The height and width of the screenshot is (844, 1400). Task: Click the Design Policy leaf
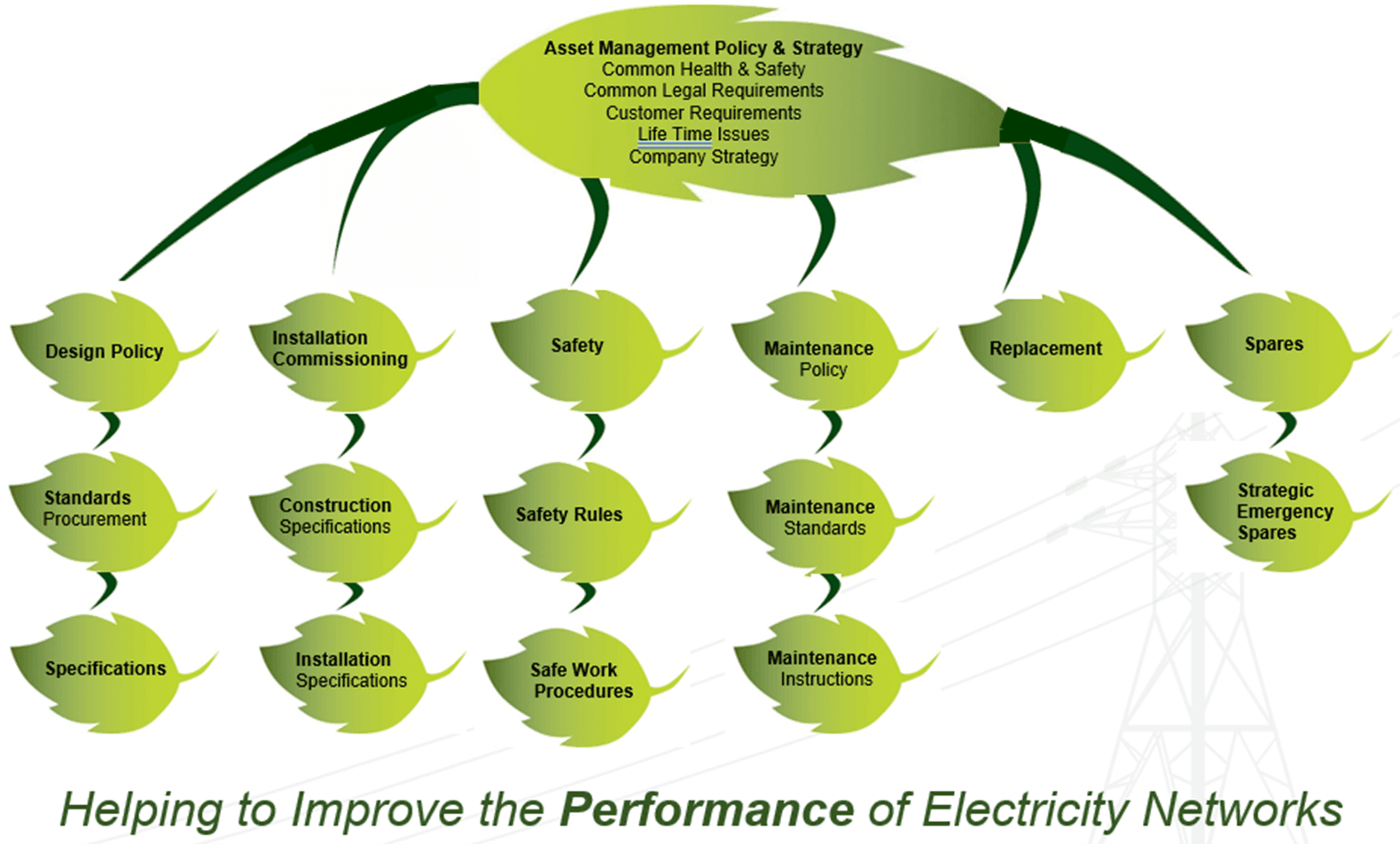tap(105, 352)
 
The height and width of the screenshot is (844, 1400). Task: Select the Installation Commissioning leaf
tap(340, 349)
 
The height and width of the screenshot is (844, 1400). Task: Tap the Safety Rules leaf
tap(569, 515)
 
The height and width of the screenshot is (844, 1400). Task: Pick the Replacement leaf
tap(1045, 349)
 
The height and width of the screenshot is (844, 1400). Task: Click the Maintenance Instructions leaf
tap(822, 669)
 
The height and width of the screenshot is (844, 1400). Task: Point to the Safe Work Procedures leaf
tap(581, 681)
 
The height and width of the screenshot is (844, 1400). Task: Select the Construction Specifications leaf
tap(335, 516)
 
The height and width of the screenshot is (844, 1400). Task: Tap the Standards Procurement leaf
tap(94, 509)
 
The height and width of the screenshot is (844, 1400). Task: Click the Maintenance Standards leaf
tap(820, 518)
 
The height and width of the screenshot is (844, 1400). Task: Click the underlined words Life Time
tap(675, 135)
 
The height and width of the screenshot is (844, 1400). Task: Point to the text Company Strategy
tap(703, 157)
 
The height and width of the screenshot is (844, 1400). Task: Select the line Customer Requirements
tap(703, 113)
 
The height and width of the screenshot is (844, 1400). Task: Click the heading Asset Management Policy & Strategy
tap(703, 48)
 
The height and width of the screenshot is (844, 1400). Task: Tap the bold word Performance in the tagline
tap(707, 809)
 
